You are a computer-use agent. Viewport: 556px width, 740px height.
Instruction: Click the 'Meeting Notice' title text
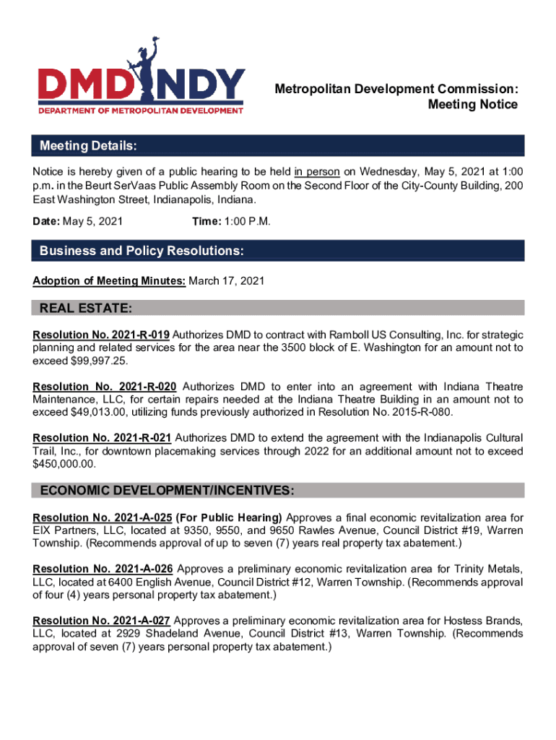[x=473, y=105]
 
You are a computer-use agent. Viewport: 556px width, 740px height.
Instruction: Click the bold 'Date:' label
[x=47, y=221]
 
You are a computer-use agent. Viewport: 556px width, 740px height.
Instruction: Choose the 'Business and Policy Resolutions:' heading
[x=141, y=251]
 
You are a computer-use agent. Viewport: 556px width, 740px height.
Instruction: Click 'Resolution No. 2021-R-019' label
[x=102, y=335]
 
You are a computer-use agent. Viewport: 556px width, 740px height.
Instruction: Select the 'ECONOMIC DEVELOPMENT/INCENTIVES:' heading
[x=167, y=491]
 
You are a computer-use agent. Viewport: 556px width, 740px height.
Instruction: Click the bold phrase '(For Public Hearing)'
[x=231, y=517]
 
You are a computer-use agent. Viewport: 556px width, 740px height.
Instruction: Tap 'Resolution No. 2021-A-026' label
[x=102, y=569]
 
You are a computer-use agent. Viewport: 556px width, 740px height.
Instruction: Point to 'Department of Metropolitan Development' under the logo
[x=141, y=111]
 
